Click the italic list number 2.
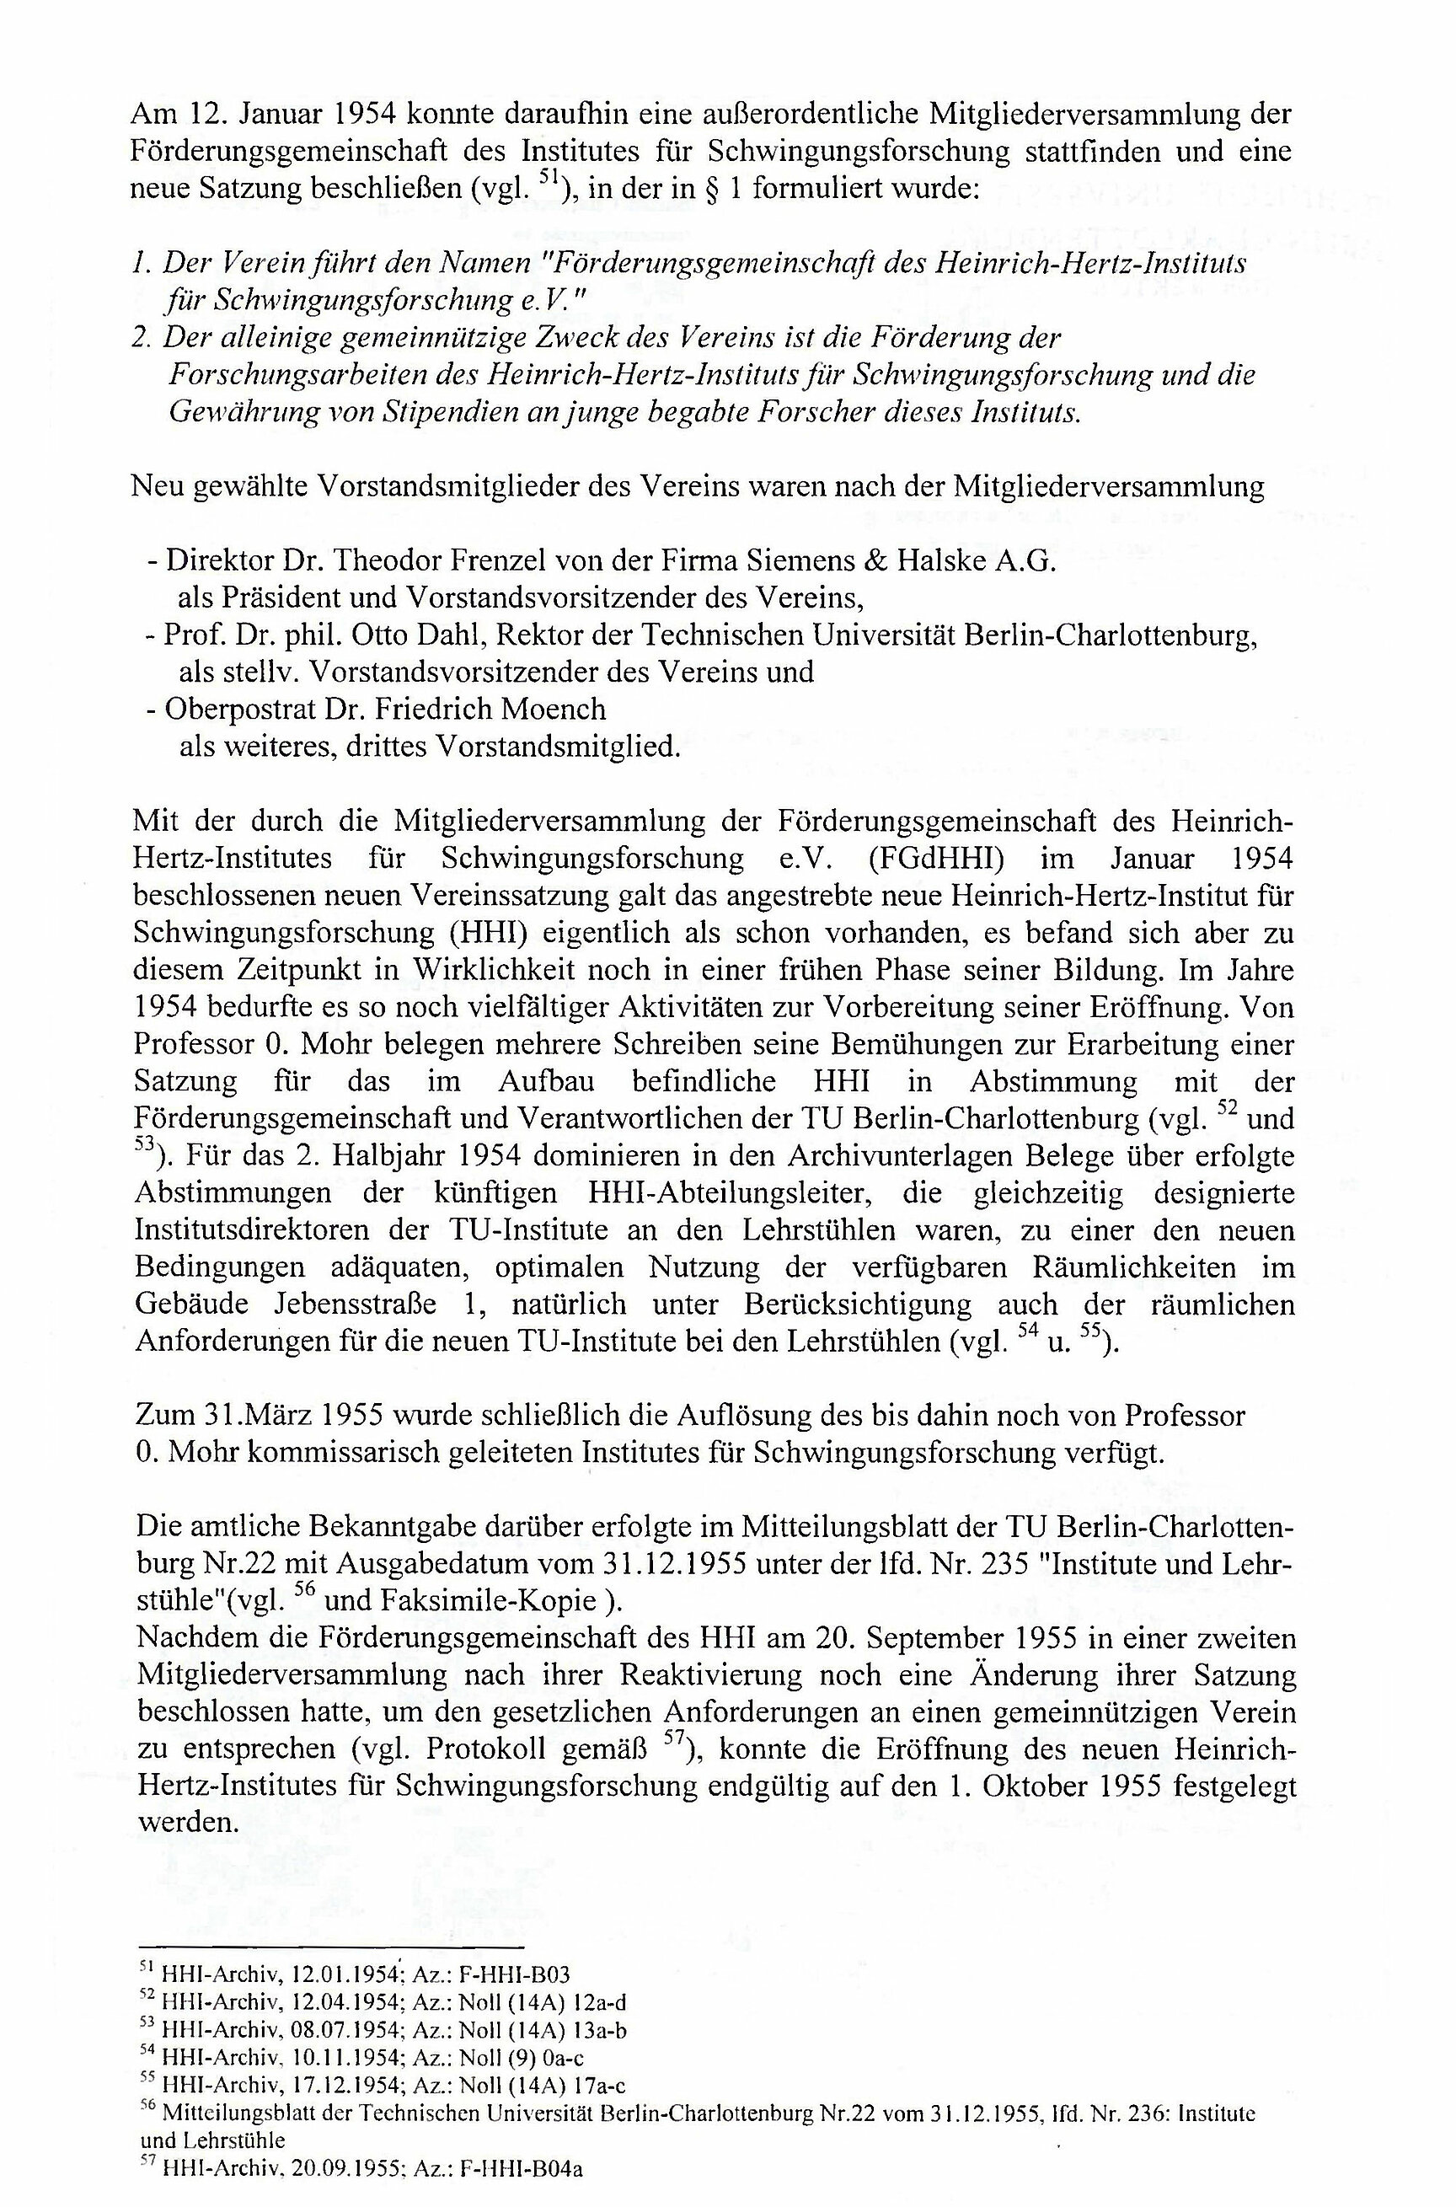pyautogui.click(x=142, y=338)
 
